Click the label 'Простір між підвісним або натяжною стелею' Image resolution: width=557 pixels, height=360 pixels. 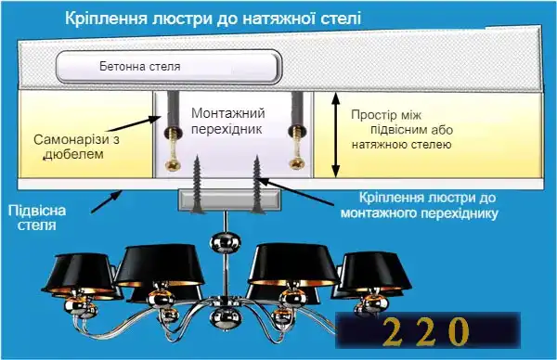(401, 130)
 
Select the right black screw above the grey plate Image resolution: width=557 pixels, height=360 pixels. (257, 182)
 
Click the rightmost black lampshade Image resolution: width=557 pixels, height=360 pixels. (376, 272)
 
